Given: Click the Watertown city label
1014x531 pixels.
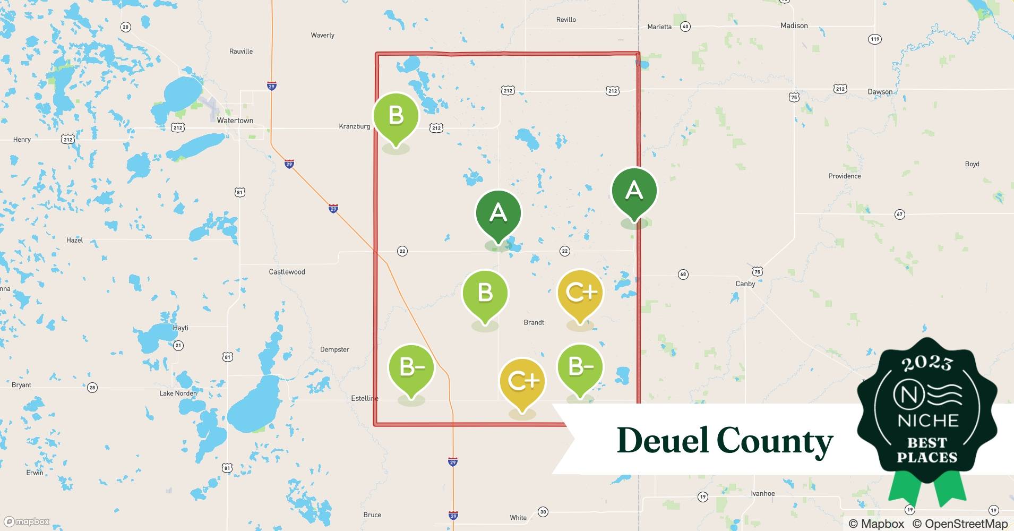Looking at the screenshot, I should (x=235, y=121).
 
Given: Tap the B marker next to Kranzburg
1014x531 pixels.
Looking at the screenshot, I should (x=396, y=116).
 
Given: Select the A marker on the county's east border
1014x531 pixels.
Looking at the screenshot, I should (x=634, y=191).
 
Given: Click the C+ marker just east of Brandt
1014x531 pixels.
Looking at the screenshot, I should (x=580, y=293).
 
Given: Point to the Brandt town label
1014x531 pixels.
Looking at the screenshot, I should (x=534, y=322).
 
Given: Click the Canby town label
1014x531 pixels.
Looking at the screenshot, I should (x=745, y=284).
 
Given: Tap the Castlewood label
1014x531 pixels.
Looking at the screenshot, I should (x=287, y=272).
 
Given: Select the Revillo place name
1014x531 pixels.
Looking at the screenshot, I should (x=566, y=20).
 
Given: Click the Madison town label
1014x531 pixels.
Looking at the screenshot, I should (x=794, y=25).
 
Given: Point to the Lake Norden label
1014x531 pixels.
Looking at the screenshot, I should (x=178, y=393).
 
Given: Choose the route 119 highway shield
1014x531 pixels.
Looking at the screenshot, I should (x=874, y=39).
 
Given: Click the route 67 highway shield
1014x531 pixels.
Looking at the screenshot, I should (x=899, y=215).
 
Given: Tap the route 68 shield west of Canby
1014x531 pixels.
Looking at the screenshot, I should (x=683, y=275).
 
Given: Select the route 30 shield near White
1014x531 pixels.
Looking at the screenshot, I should (x=543, y=512).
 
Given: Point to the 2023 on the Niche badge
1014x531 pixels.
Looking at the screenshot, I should (x=927, y=363).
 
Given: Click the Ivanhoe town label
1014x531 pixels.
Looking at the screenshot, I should (x=762, y=493).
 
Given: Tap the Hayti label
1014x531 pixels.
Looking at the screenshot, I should (x=181, y=328).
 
